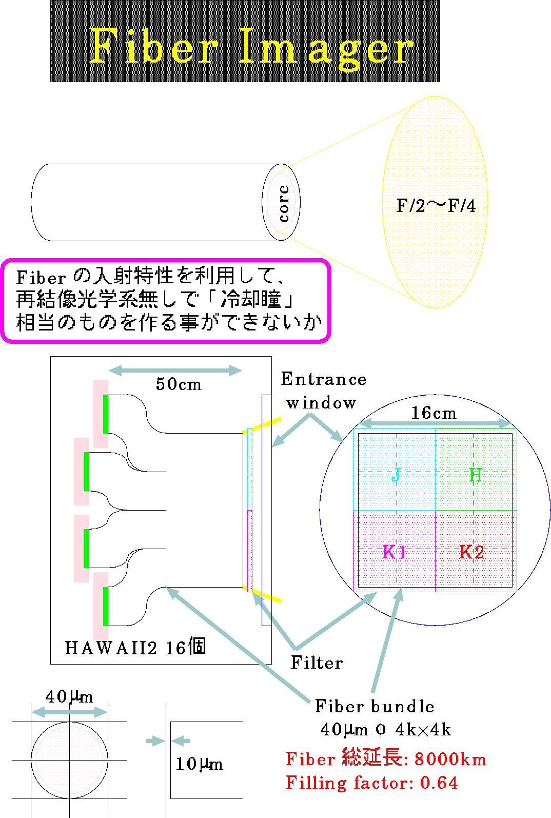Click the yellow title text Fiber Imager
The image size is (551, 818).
pos(251,48)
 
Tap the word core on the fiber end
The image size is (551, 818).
pos(284,203)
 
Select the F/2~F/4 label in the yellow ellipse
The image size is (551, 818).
pos(436,206)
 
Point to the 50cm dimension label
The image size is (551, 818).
pos(179,384)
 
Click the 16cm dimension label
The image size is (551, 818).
pos(434,413)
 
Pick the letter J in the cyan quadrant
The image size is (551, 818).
pos(396,475)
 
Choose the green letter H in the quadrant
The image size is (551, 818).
pos(476,475)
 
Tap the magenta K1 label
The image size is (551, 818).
pos(395,552)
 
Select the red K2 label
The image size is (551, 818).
pos(472,552)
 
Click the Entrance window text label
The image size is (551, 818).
pos(324,391)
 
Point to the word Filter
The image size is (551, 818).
pos(317,663)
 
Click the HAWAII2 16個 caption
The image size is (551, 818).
pos(135,648)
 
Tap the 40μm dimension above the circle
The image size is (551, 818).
pos(69,696)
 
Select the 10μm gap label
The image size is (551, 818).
pos(199,764)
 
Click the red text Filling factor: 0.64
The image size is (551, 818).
pos(371,783)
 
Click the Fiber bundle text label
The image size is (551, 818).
pos(375,706)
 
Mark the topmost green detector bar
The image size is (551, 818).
pos(106,414)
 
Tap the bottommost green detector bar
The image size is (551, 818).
pos(106,607)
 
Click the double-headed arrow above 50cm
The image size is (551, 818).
pos(175,371)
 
